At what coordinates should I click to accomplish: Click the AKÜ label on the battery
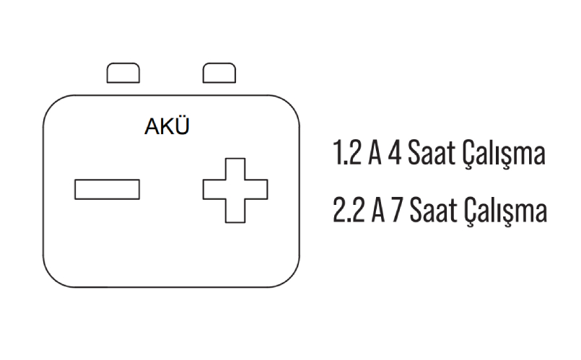(167, 127)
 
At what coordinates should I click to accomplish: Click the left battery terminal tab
(123, 74)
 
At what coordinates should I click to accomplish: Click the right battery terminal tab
(220, 74)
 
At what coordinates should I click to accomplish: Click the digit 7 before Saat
(394, 211)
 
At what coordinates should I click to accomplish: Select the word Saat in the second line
(432, 211)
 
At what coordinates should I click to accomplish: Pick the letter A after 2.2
(375, 211)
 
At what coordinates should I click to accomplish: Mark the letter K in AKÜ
(167, 127)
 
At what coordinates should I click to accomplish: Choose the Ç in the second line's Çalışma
(471, 212)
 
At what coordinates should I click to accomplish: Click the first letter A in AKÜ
(153, 127)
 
